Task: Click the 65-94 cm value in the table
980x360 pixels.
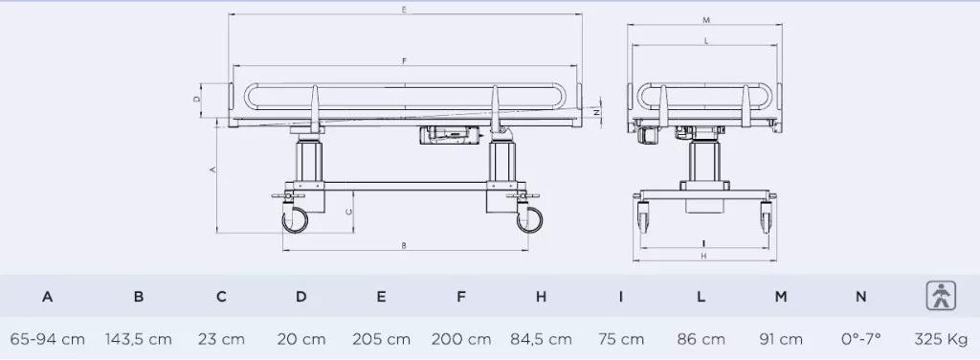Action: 48,339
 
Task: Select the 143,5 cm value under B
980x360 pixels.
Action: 138,339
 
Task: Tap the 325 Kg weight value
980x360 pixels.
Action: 941,339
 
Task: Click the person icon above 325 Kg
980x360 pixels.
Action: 941,296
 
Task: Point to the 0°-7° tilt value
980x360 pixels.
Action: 860,339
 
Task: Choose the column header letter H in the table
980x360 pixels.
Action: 542,297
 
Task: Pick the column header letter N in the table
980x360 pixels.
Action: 860,297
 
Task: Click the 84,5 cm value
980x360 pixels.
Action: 542,339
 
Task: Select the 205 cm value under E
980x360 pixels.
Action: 381,339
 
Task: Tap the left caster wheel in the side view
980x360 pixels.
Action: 295,220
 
